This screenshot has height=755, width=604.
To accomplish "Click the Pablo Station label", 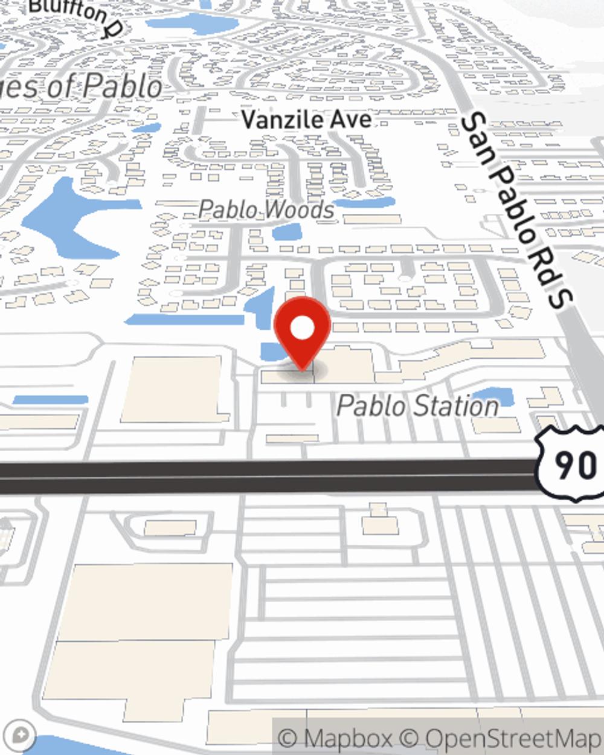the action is tap(417, 406).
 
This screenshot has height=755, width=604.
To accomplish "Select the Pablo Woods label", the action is tap(266, 210).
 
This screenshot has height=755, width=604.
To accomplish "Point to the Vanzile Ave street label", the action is tap(306, 119).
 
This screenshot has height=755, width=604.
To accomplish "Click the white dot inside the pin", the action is tap(302, 328).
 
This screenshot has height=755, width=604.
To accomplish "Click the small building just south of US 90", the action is tap(381, 523).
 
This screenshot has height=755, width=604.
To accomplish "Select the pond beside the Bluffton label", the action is tap(193, 24).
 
